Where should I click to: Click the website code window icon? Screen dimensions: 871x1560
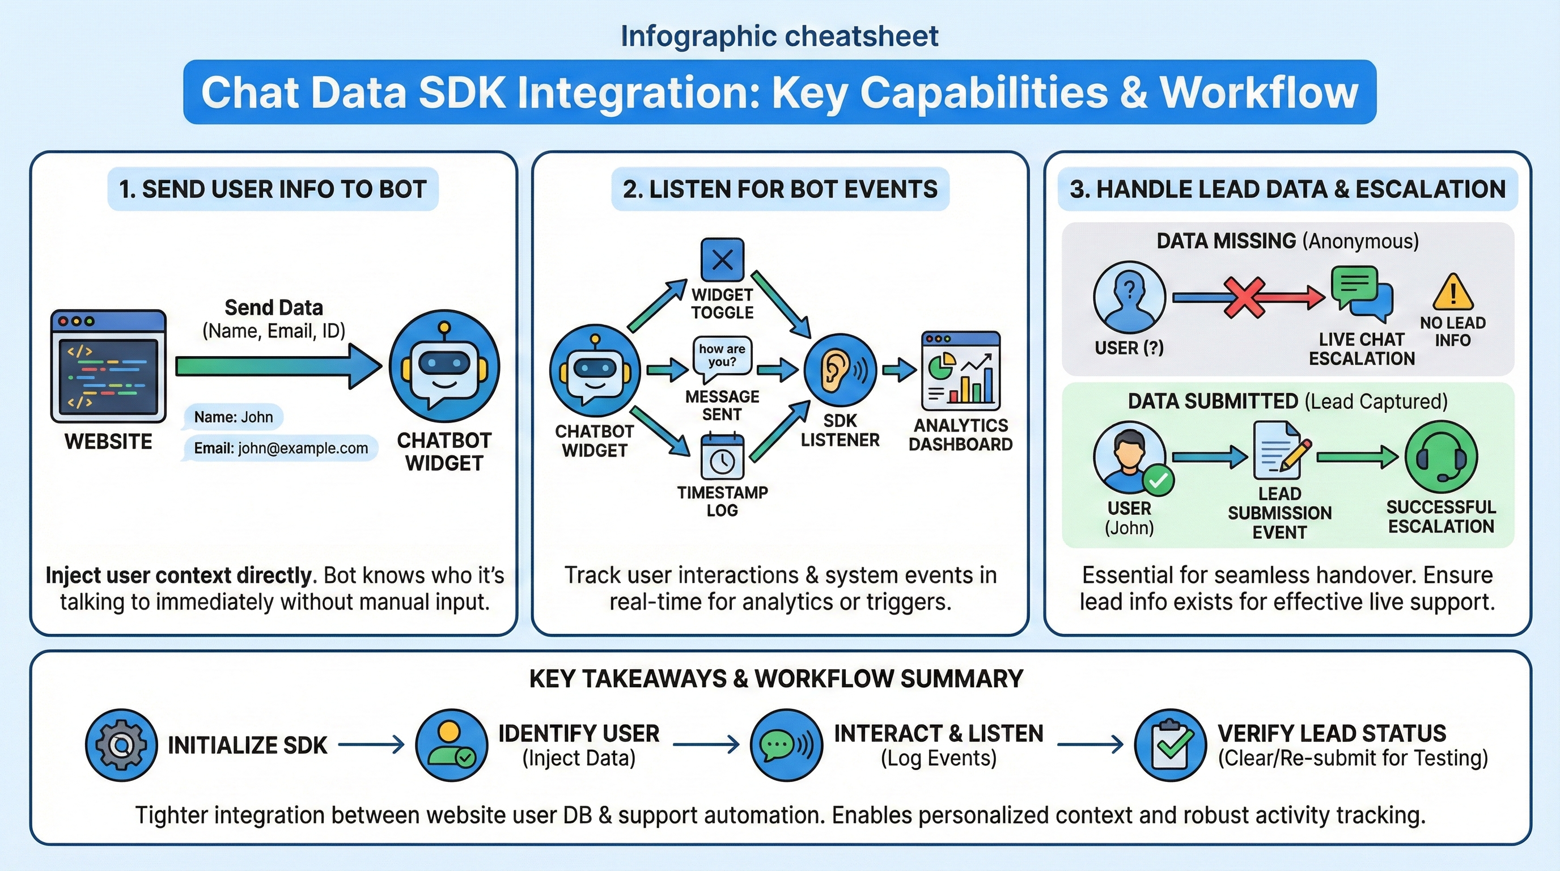[x=108, y=366]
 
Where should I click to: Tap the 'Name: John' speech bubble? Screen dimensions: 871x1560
[x=233, y=417]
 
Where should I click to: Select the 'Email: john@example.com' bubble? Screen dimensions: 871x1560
[x=281, y=448]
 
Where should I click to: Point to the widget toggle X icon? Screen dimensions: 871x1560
[x=722, y=260]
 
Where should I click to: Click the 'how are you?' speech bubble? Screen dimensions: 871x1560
[x=722, y=356]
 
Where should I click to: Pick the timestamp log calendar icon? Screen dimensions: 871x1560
[x=722, y=457]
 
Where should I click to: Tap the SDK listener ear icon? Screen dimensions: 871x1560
[x=840, y=370]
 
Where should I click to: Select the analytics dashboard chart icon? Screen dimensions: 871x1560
[x=960, y=371]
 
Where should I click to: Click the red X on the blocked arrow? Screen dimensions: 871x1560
[x=1244, y=297]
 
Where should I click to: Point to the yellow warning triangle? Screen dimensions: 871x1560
[x=1453, y=292]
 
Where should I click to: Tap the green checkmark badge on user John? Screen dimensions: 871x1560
[x=1159, y=480]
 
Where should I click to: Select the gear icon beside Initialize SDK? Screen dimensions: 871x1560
[x=122, y=745]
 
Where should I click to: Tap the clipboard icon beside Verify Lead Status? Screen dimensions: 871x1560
[x=1170, y=745]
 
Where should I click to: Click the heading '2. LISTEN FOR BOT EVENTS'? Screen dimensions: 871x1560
[x=780, y=189]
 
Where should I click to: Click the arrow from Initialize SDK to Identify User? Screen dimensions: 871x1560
[x=371, y=745]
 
